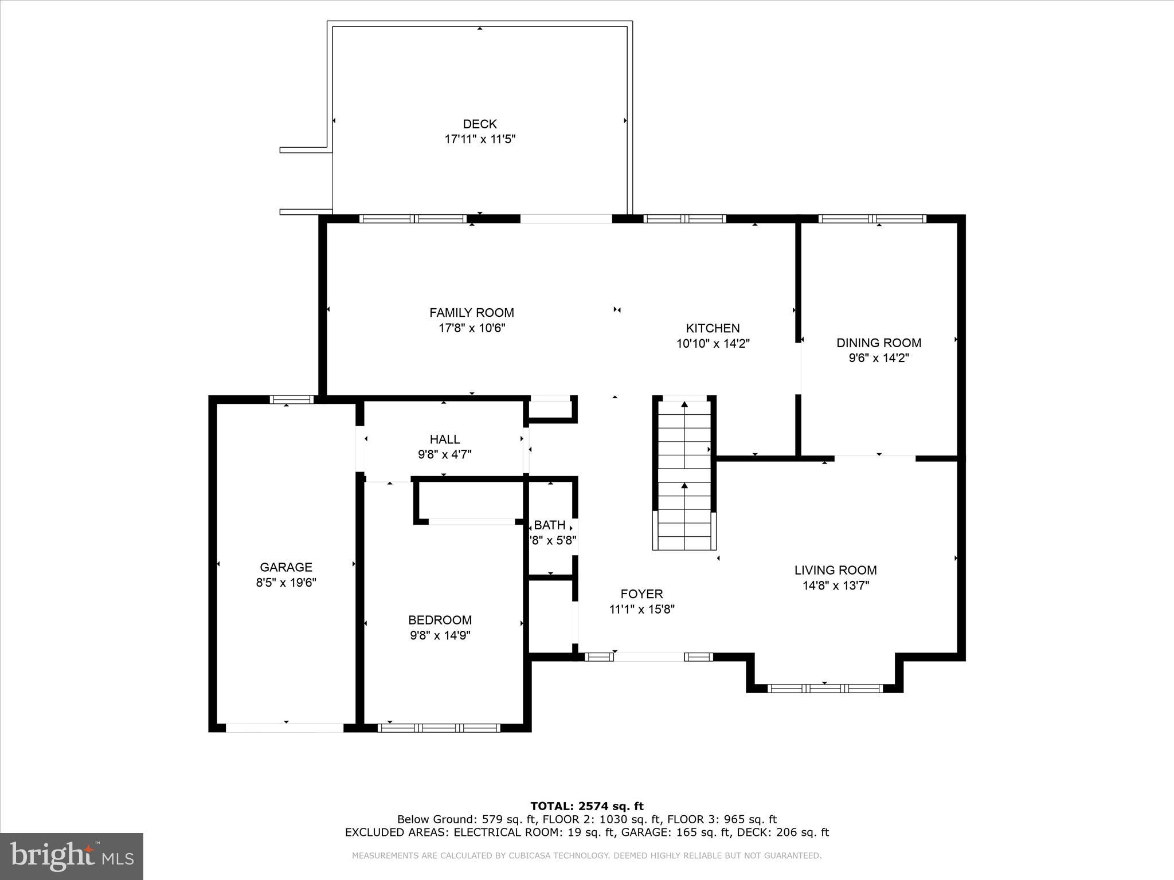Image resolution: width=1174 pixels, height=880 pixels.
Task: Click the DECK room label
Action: tap(480, 124)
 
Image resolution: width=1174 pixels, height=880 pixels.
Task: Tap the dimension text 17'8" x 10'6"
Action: tap(471, 328)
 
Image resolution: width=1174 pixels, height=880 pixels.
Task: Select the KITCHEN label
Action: tap(713, 328)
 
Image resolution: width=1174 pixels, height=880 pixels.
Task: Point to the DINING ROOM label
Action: tap(879, 343)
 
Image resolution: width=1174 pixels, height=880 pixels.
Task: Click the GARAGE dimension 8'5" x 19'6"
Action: tap(286, 583)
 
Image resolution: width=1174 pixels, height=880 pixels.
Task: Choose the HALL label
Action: tap(445, 439)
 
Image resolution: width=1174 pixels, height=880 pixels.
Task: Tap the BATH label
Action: tap(549, 525)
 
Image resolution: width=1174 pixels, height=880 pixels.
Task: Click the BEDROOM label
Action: tap(440, 620)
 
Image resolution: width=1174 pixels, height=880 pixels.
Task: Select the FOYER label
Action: tap(641, 594)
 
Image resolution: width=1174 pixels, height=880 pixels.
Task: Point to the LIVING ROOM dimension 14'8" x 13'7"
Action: tap(835, 586)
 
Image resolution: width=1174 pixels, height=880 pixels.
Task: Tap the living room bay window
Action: tap(824, 688)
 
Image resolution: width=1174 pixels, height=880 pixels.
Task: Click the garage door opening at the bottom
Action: tap(285, 728)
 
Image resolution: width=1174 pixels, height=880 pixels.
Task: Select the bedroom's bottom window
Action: tap(439, 728)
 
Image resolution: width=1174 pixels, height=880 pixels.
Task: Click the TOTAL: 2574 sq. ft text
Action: tap(586, 807)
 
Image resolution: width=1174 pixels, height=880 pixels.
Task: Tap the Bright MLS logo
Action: tap(72, 856)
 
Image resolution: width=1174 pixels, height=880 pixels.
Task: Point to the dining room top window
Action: tap(872, 218)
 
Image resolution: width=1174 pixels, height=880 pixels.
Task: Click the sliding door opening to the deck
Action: tap(566, 218)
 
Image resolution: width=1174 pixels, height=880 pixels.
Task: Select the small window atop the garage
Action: tap(292, 399)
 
